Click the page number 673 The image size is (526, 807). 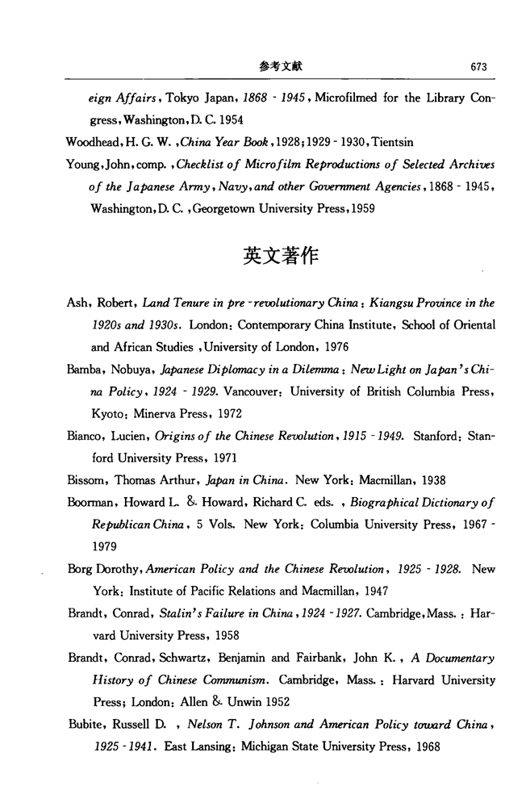pyautogui.click(x=481, y=67)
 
